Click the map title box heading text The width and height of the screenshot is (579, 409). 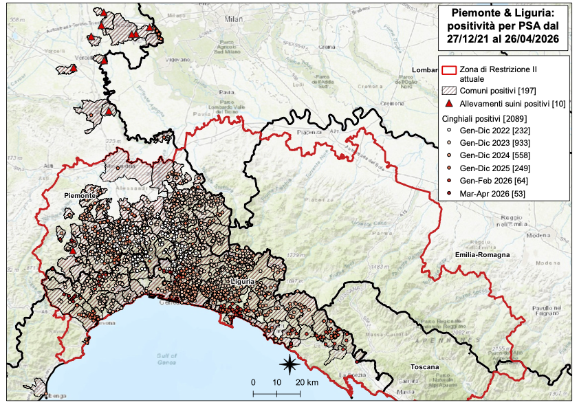pyautogui.click(x=504, y=26)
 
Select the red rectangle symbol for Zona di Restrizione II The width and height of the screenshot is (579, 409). pyautogui.click(x=450, y=71)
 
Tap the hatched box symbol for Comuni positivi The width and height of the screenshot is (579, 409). pyautogui.click(x=450, y=91)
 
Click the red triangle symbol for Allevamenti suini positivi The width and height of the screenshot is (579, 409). pyautogui.click(x=450, y=104)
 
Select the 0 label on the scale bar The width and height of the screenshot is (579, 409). pyautogui.click(x=253, y=382)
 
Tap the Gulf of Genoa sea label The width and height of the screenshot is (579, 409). pyautogui.click(x=166, y=357)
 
